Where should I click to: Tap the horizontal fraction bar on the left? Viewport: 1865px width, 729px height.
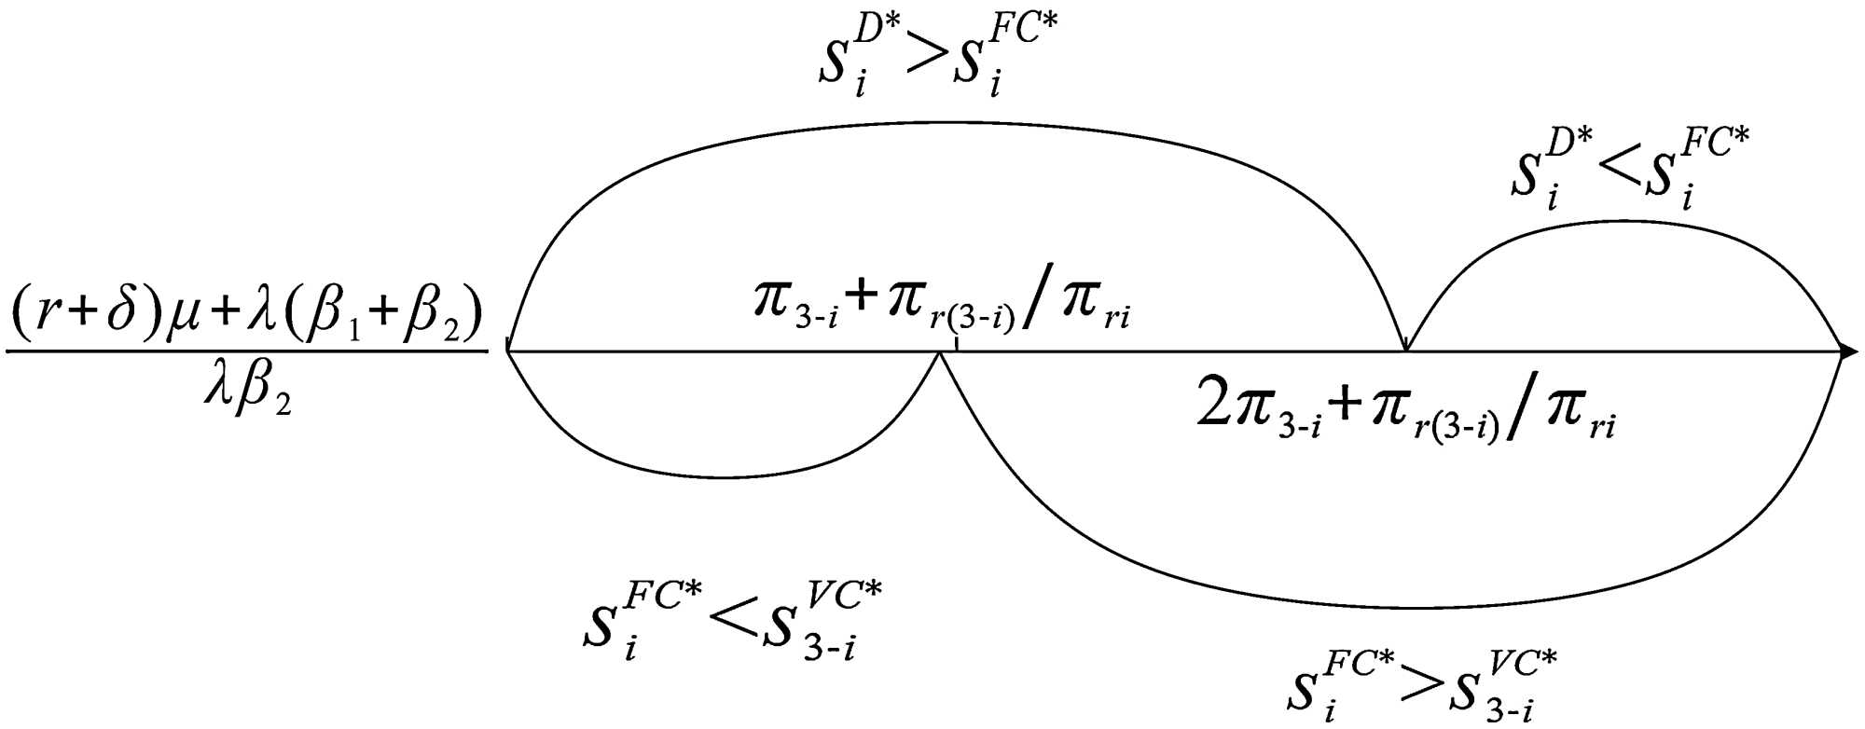[247, 352]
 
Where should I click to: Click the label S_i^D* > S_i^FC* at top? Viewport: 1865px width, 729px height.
[938, 61]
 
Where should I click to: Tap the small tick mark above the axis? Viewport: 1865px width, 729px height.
[958, 346]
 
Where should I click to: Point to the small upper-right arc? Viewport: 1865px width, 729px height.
[1623, 222]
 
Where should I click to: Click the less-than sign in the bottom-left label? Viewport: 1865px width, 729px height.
[731, 621]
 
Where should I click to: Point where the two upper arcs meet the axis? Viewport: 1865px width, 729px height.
[1406, 351]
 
